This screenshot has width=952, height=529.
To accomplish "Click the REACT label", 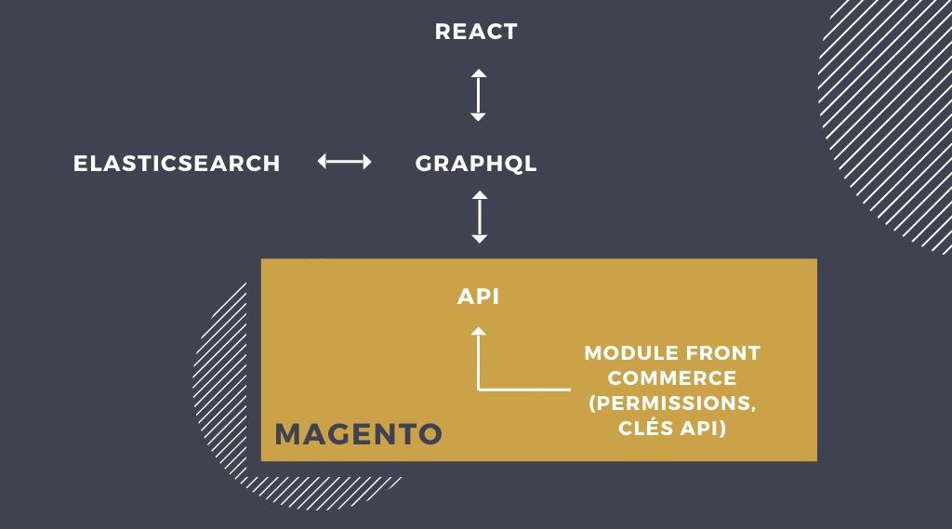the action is click(x=476, y=32).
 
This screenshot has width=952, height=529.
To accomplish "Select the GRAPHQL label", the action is click(x=476, y=164).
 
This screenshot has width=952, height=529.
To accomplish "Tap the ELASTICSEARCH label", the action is click(x=177, y=164).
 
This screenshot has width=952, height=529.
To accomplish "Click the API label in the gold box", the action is click(x=479, y=297).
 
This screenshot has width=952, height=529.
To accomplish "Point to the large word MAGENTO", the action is click(x=358, y=434).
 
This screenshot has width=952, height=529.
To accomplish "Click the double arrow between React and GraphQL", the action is click(x=479, y=95).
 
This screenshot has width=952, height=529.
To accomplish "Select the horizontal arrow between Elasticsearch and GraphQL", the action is click(x=344, y=162).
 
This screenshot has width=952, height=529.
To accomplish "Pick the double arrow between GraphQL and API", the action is click(x=480, y=217).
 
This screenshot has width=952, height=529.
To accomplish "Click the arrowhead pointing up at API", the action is click(x=479, y=331).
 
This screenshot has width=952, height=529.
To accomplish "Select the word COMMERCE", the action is click(x=672, y=377).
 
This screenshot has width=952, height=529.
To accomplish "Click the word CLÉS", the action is click(x=646, y=427).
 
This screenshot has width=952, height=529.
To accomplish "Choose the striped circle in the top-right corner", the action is click(x=885, y=122).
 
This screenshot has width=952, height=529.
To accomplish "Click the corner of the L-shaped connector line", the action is click(x=479, y=390).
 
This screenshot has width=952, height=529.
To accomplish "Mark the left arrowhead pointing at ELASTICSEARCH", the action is click(x=322, y=162).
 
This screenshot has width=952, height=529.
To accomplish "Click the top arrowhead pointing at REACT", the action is click(x=479, y=73).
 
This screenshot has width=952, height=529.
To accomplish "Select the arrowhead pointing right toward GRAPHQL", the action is click(x=366, y=162).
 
